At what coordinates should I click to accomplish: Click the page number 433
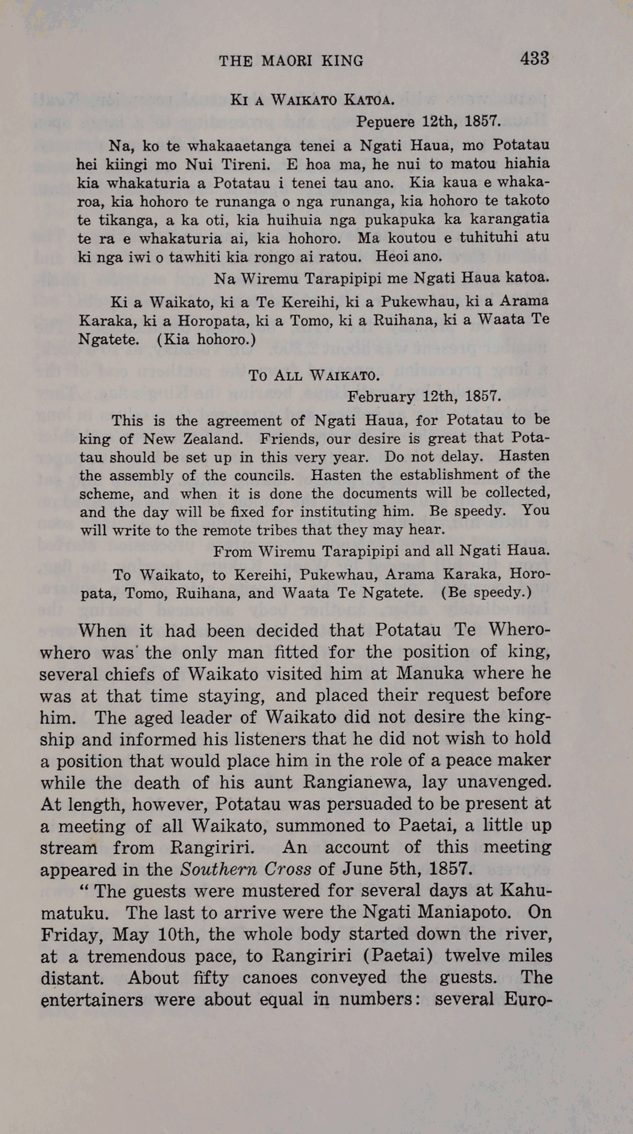534,59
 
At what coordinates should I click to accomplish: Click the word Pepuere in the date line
386,122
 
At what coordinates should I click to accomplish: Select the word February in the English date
381,397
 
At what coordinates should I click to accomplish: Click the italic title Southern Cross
245,870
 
